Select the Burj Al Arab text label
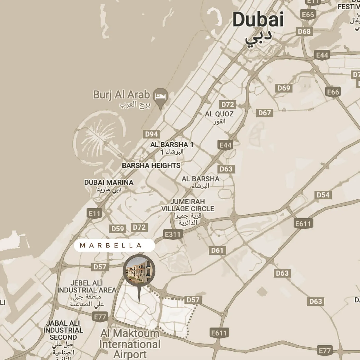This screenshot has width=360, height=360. [121, 95]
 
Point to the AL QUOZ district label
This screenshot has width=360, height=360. [219, 114]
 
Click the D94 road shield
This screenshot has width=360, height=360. [151, 134]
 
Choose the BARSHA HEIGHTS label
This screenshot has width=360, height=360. [151, 166]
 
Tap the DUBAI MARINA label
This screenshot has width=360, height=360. [109, 182]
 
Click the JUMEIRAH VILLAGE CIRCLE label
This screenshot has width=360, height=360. [188, 205]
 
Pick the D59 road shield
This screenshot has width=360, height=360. [118, 229]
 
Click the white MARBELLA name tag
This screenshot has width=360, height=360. [114, 245]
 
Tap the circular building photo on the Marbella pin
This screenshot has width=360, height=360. [139, 270]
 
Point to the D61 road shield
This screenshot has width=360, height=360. [217, 250]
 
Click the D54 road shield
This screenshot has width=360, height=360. [323, 195]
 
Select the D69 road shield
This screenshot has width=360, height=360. [284, 88]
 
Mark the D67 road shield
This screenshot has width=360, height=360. [264, 113]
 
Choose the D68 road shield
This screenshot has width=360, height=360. [304, 32]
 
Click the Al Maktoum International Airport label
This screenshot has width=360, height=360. [130, 344]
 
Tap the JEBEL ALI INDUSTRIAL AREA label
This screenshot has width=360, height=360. [86, 287]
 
